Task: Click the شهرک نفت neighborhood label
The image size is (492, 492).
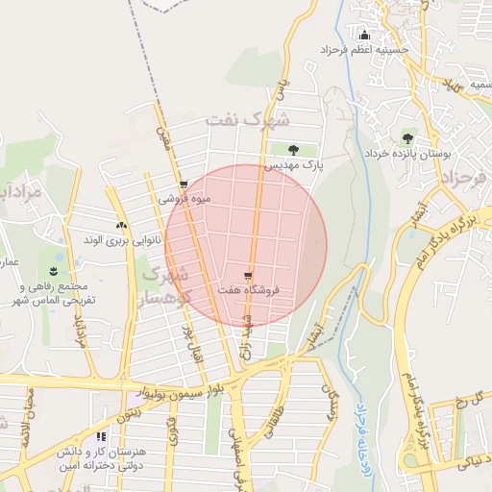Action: coord(247,120)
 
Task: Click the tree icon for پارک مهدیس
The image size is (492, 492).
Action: coord(292,149)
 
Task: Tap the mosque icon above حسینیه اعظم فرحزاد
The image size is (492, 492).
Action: coord(362,36)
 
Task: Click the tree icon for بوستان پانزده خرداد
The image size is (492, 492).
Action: coord(408,136)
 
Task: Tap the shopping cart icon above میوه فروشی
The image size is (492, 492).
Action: coord(184,184)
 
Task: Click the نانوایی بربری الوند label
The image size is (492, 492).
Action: coord(118,238)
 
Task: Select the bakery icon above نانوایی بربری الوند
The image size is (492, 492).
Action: coord(120,225)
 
